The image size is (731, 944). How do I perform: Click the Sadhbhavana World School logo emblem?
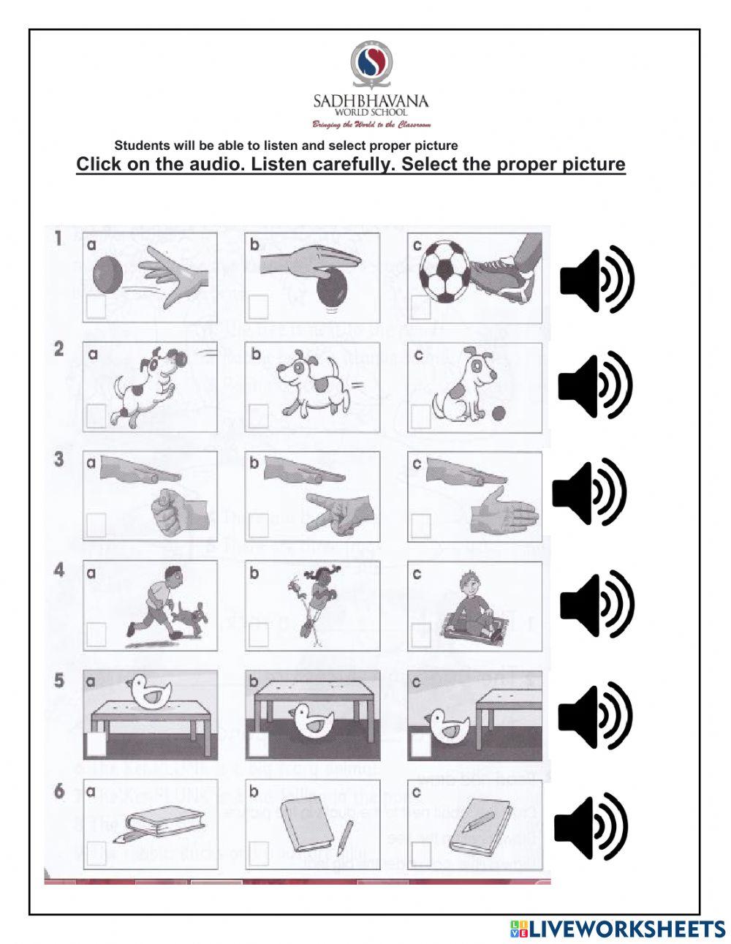[x=371, y=64]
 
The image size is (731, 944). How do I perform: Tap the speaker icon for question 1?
[x=597, y=281]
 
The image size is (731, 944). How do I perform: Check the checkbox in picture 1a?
[x=95, y=308]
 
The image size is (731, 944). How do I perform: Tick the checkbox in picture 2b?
[x=258, y=416]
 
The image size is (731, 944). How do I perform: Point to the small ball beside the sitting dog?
[x=499, y=413]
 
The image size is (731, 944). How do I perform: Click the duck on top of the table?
[x=148, y=691]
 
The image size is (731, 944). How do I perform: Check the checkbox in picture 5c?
[x=420, y=744]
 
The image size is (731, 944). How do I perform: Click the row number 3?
[x=59, y=460]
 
